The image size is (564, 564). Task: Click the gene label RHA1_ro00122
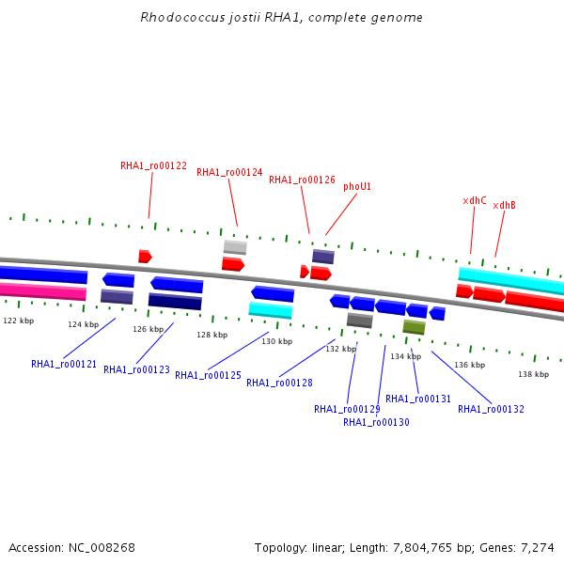(x=153, y=165)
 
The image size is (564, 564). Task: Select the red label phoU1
(x=357, y=187)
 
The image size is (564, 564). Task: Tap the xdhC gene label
(x=475, y=201)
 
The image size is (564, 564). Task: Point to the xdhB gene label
(x=504, y=205)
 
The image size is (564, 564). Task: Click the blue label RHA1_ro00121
(x=64, y=365)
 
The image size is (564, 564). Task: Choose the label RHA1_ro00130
(x=376, y=422)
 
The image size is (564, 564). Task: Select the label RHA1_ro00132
(x=491, y=409)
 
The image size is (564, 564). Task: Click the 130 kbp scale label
(x=277, y=341)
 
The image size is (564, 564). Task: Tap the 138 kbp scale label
(x=533, y=374)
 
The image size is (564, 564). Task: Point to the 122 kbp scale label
(x=19, y=321)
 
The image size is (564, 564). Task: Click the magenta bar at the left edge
(x=43, y=291)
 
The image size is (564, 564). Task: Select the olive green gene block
(x=414, y=327)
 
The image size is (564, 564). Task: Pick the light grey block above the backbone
(x=235, y=247)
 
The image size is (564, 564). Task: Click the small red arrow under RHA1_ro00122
(x=145, y=256)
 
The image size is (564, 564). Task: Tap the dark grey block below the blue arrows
(x=360, y=321)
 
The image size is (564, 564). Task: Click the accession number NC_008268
(x=102, y=548)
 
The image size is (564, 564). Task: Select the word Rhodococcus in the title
(x=182, y=17)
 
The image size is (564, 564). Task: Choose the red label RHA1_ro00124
(x=229, y=173)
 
